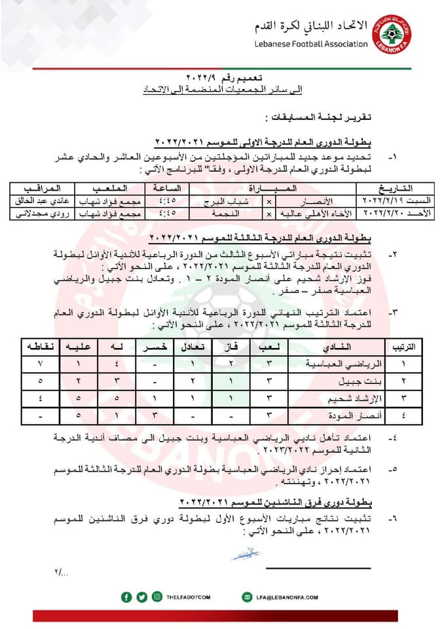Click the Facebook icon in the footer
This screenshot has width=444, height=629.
point(127,596)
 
